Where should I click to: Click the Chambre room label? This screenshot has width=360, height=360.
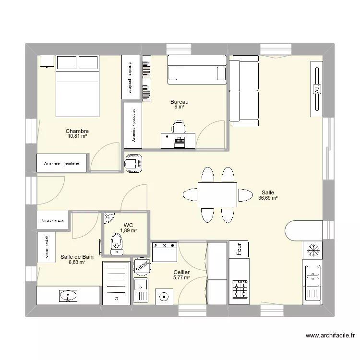[77, 131]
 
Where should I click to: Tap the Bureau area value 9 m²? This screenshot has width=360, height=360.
[180, 108]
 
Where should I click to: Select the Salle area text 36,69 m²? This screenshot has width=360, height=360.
[268, 197]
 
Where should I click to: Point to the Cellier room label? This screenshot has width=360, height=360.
[181, 272]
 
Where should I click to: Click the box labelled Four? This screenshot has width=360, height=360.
[239, 249]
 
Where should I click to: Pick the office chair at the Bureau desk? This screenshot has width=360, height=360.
[179, 127]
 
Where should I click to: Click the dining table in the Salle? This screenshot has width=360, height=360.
[217, 195]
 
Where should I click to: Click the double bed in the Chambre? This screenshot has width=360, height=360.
[78, 86]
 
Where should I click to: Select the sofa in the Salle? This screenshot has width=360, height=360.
[244, 90]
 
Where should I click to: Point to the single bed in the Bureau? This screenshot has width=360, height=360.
[197, 70]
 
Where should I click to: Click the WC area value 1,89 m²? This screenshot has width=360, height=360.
[128, 231]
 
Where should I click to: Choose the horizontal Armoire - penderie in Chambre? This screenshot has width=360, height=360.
[62, 164]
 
